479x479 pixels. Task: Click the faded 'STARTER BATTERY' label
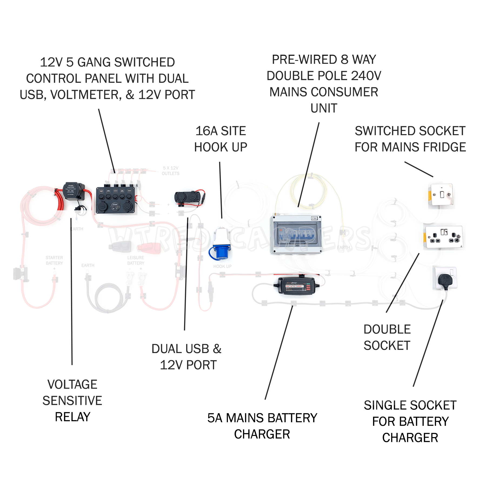54,260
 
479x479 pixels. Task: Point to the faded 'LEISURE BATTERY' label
136,260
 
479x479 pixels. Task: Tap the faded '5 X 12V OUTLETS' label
171,171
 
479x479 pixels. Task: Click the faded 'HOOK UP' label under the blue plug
222,267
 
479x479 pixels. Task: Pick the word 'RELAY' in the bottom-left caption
72,417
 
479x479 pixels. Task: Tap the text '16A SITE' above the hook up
221,131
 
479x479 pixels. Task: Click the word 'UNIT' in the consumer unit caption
324,108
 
